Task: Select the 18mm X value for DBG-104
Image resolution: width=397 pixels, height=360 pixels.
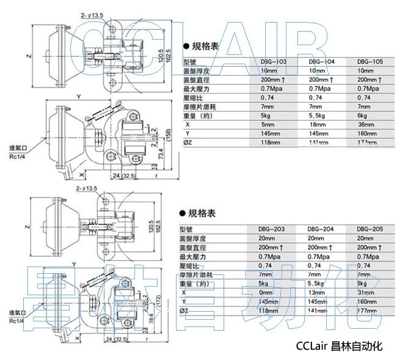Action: tap(317, 124)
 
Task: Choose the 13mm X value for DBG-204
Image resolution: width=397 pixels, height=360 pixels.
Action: tap(317, 293)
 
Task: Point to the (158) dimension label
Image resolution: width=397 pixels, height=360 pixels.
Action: tap(169, 133)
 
